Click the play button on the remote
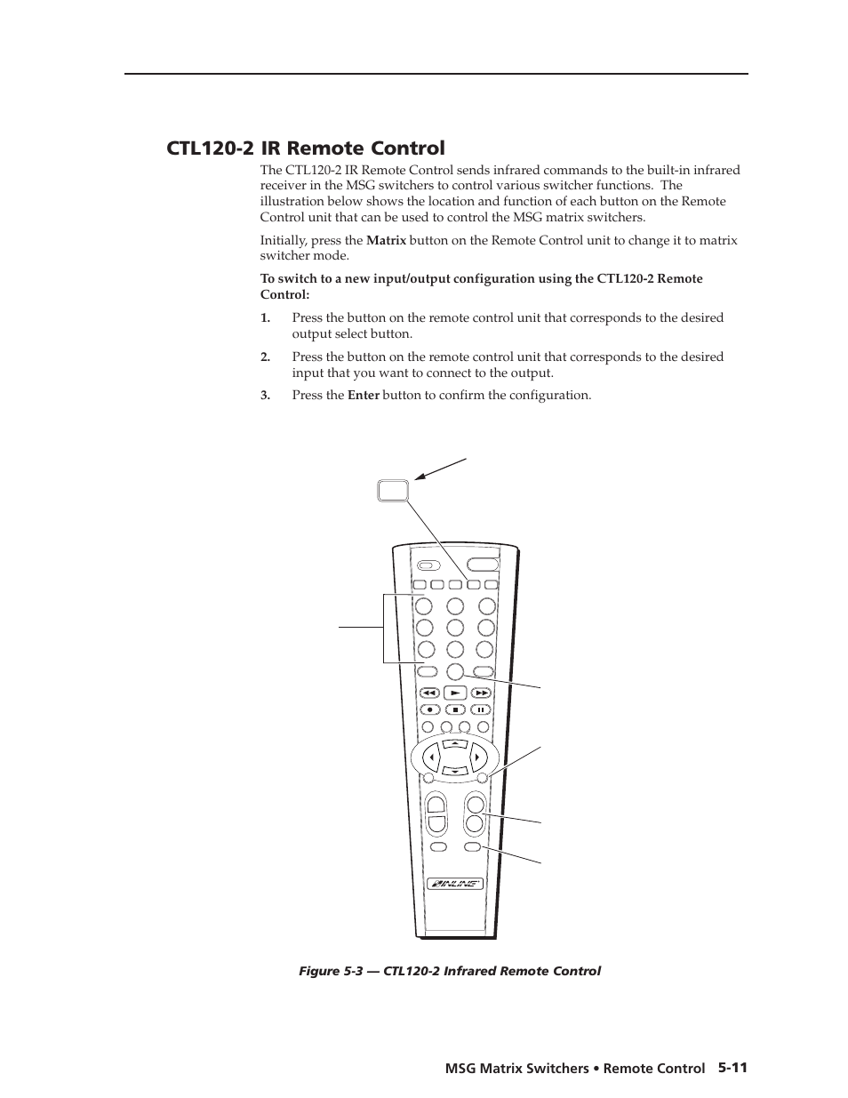pyautogui.click(x=454, y=692)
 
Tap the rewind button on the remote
pyautogui.click(x=428, y=692)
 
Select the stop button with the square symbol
pyautogui.click(x=454, y=709)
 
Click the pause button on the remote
pyautogui.click(x=480, y=709)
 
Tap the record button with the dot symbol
pyautogui.click(x=428, y=709)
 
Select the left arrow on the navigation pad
pyautogui.click(x=432, y=757)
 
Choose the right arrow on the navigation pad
pyautogui.click(x=477, y=757)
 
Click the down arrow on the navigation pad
pyautogui.click(x=454, y=771)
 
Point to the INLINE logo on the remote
pyautogui.click(x=454, y=884)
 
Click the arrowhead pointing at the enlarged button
pyautogui.click(x=418, y=477)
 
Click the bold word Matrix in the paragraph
pyautogui.click(x=386, y=240)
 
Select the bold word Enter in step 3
pyautogui.click(x=363, y=395)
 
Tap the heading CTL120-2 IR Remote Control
pyautogui.click(x=305, y=148)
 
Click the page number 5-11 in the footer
pyautogui.click(x=732, y=1068)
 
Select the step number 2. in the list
pyautogui.click(x=265, y=357)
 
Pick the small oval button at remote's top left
pyautogui.click(x=428, y=565)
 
